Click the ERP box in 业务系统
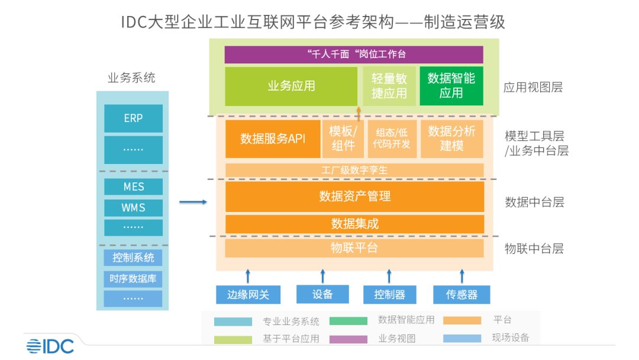click(133, 118)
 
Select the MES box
click(133, 187)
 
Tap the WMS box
click(133, 208)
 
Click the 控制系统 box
click(133, 258)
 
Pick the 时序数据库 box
click(133, 279)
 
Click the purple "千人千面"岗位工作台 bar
click(354, 54)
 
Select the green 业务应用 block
click(291, 86)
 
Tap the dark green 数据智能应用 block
click(451, 86)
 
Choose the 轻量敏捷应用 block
click(389, 86)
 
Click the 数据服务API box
click(273, 139)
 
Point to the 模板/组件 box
click(343, 139)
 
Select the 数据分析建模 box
click(451, 139)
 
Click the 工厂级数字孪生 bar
click(354, 171)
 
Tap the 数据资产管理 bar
click(354, 197)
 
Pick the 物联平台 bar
click(354, 248)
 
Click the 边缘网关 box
click(248, 294)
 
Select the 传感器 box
click(461, 294)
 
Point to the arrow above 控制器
click(389, 276)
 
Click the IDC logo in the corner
click(50, 346)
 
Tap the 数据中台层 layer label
click(534, 202)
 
